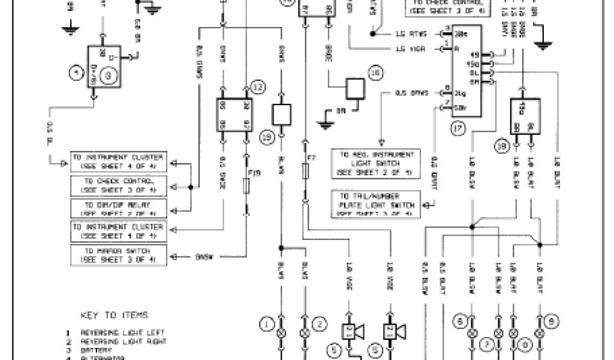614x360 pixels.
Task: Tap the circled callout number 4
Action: [76, 74]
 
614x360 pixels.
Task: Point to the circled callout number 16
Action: [375, 73]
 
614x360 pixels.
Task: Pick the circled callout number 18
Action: [502, 145]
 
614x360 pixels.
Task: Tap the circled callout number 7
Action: [487, 343]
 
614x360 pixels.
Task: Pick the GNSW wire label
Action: [204, 257]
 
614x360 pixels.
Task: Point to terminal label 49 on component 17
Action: [478, 55]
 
